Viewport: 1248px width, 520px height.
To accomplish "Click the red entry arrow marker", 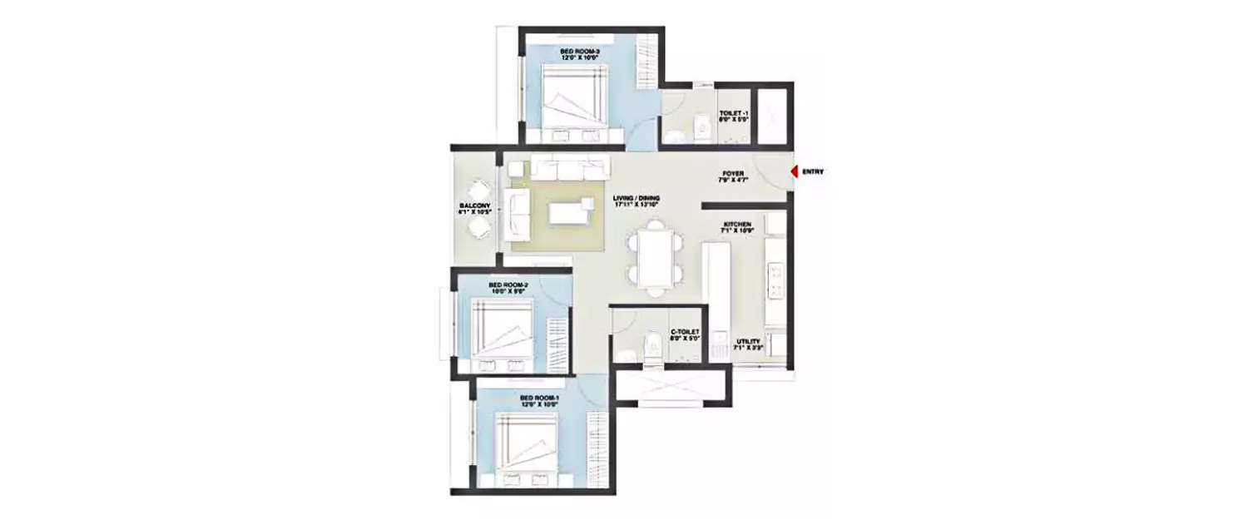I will click(795, 171).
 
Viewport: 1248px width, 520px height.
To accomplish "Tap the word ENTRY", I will click(813, 172).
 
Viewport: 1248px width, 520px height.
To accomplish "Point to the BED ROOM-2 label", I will click(508, 285).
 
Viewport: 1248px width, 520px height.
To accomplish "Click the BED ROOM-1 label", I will click(539, 399).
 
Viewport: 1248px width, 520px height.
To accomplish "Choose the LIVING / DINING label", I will click(636, 198).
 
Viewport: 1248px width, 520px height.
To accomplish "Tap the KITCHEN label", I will click(737, 225).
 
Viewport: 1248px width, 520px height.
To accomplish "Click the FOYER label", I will click(733, 175).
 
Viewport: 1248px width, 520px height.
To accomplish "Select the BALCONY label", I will click(473, 206).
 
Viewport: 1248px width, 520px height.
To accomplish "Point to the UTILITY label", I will click(747, 341).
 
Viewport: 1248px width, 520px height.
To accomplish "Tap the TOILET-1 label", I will click(735, 111).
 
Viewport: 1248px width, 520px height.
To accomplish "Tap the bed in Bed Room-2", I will click(501, 332).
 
